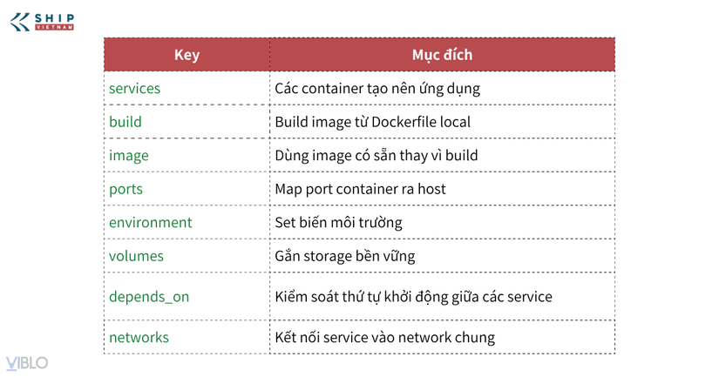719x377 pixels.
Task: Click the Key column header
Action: coord(187,55)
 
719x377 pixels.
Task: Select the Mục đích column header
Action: coord(442,55)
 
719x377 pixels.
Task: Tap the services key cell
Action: coord(134,88)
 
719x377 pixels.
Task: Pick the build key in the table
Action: coord(125,122)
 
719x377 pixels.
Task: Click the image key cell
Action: coord(128,156)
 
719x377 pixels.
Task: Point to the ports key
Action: coord(125,189)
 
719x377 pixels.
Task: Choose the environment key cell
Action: coord(151,223)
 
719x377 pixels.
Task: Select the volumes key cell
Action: coord(136,256)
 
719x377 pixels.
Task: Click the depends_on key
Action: coord(149,297)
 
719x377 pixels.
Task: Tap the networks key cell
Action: coord(139,337)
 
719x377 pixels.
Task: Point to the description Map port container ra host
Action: coord(360,189)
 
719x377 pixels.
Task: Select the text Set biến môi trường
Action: coord(338,223)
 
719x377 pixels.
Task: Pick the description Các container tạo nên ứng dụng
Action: coord(377,89)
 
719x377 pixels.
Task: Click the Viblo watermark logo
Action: coord(27,363)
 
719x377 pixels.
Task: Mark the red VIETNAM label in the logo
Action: coord(54,28)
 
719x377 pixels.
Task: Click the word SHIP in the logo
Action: coord(54,18)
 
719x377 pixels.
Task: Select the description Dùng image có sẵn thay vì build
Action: coord(376,156)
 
